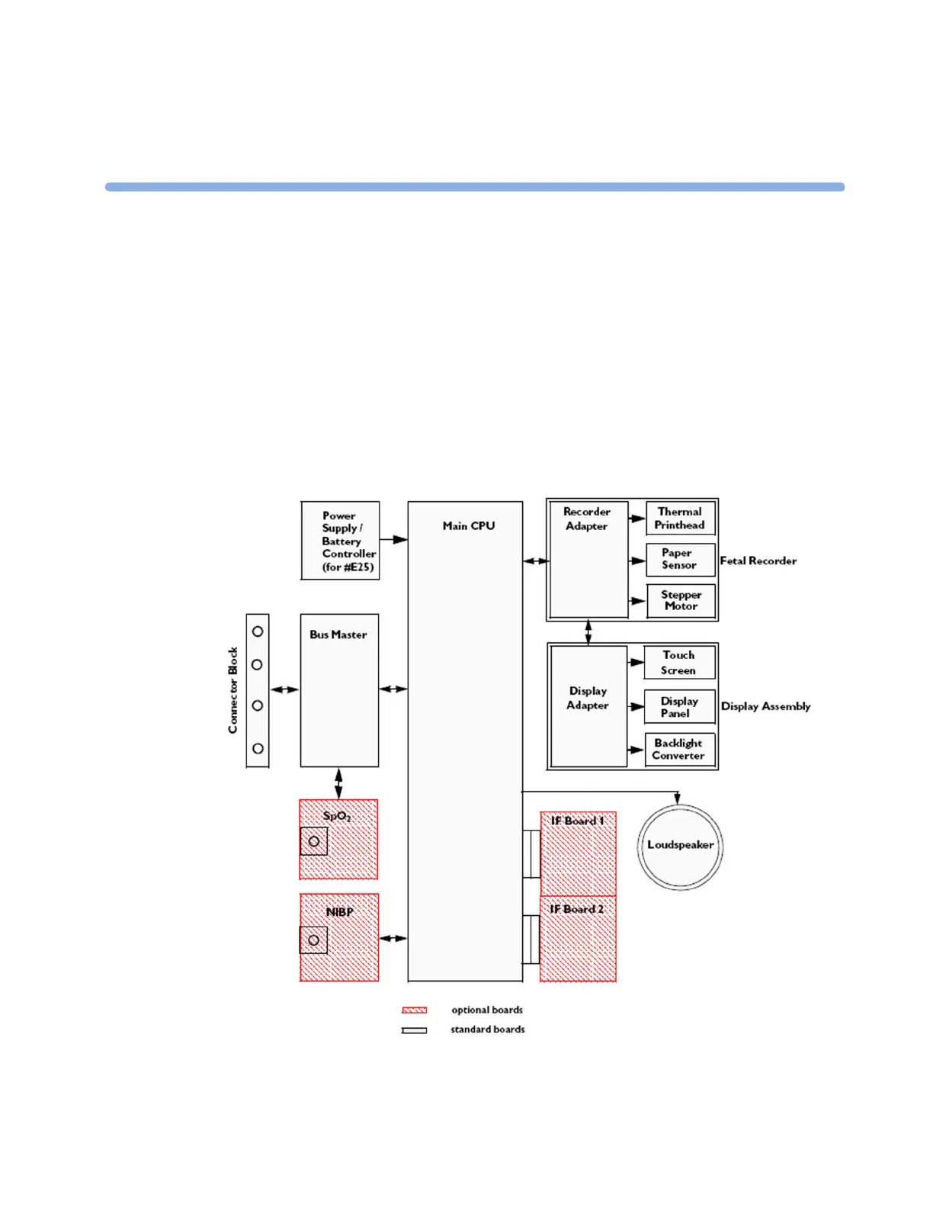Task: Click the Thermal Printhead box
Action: pos(680,519)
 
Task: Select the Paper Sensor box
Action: pos(680,559)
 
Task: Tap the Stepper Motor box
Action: pos(681,600)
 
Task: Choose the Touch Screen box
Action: pos(679,662)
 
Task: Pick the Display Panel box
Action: pos(679,707)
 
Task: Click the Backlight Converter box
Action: pos(679,749)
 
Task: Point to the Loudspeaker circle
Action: pos(680,847)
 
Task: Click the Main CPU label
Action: pos(469,526)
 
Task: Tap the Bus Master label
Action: pos(338,635)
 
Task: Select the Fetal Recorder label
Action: pos(758,561)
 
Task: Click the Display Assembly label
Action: pos(765,706)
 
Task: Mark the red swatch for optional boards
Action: pos(415,1010)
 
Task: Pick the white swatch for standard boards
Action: pos(415,1030)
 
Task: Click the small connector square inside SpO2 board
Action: pos(313,841)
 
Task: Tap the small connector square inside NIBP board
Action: pos(313,940)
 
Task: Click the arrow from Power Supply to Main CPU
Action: pos(393,540)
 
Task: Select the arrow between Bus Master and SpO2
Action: pos(338,783)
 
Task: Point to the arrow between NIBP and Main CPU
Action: pos(393,938)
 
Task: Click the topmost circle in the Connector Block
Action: pos(258,631)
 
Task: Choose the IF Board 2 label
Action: pos(577,909)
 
